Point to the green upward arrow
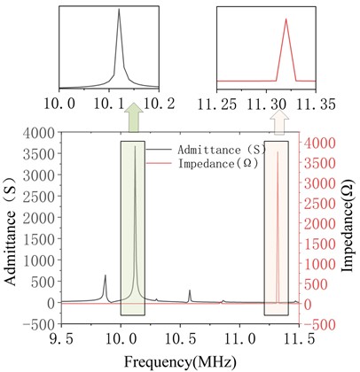(x=133, y=117)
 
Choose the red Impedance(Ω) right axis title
(x=349, y=229)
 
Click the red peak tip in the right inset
(x=286, y=19)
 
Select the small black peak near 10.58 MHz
(x=190, y=290)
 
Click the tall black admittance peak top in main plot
(x=136, y=146)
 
